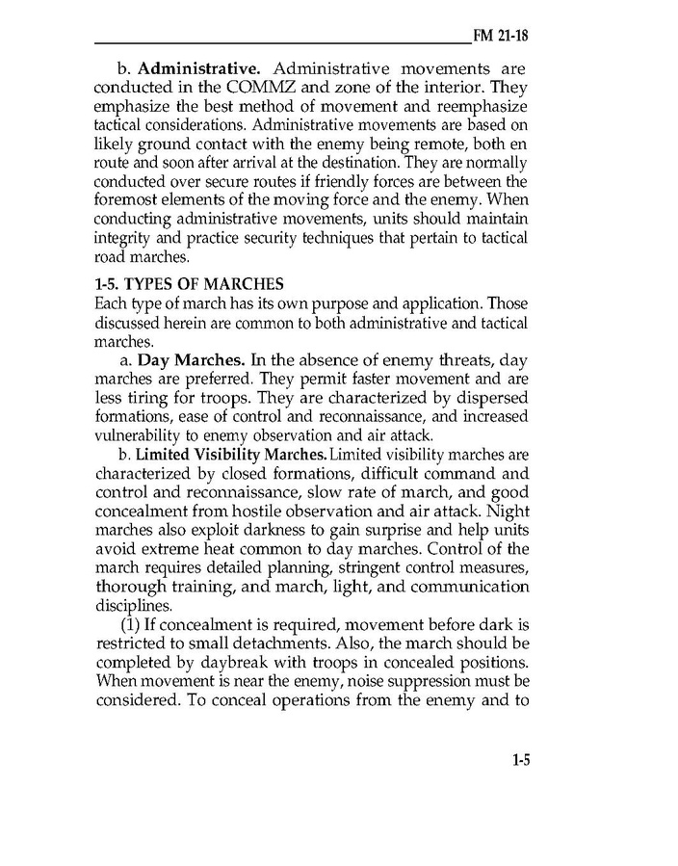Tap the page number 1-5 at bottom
[x=520, y=760]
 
